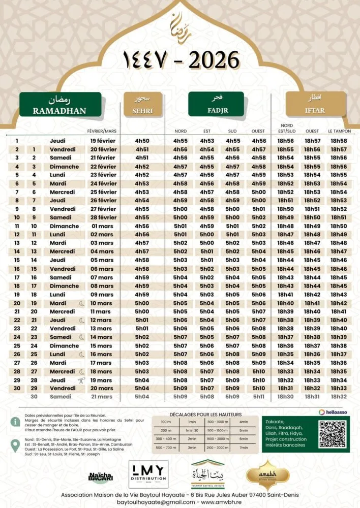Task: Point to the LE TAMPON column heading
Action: coord(339,131)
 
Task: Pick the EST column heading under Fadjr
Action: coord(206,131)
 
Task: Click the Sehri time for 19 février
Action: coord(142,141)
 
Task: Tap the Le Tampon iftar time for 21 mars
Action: coord(339,397)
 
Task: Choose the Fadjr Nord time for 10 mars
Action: coord(181,303)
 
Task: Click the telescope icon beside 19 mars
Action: coord(82,380)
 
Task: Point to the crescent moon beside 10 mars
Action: coord(82,303)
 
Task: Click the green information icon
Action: coord(16,422)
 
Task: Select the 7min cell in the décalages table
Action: coord(244,448)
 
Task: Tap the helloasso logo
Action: coord(334,412)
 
